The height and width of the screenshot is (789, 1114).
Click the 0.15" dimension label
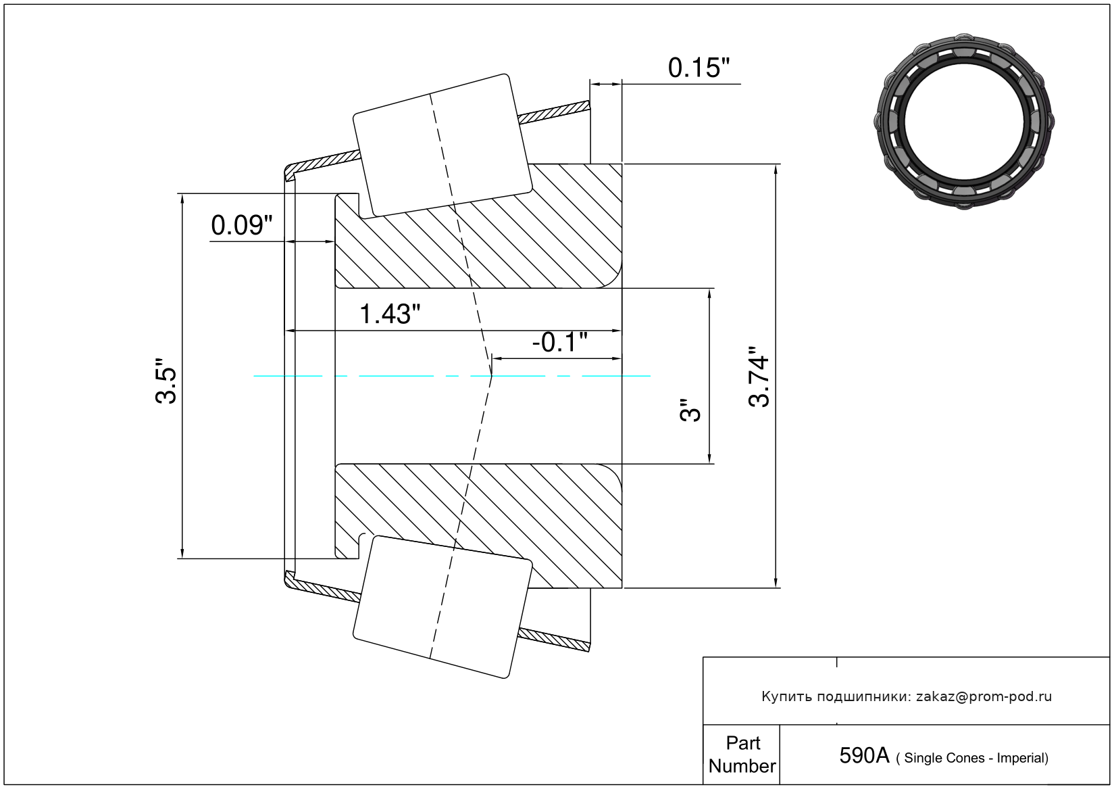699,68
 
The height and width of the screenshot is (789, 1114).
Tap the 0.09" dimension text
241,226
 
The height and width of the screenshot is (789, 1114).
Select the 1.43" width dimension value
389,314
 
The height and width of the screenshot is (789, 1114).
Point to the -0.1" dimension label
559,342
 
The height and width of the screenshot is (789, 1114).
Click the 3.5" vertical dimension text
166,381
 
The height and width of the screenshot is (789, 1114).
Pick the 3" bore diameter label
690,410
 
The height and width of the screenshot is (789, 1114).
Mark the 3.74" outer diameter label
759,377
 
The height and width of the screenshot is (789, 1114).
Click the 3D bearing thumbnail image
964,121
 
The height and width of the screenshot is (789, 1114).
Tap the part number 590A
863,756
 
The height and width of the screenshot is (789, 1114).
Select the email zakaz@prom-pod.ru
984,696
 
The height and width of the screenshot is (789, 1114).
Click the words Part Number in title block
742,755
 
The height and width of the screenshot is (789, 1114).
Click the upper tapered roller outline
442,145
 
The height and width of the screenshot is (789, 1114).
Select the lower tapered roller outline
442,606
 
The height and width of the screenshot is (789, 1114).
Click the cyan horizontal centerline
405,376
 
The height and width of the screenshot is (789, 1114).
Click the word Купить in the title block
786,696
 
